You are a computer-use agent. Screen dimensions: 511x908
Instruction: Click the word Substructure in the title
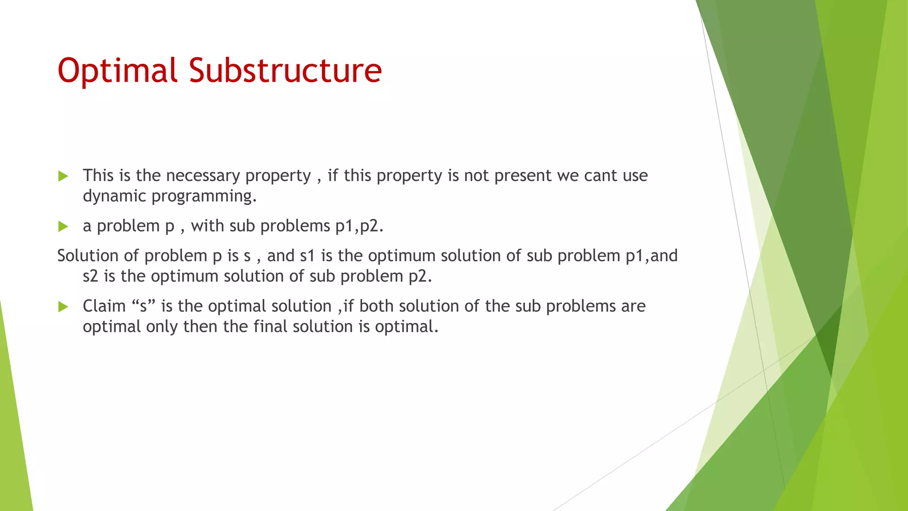285,70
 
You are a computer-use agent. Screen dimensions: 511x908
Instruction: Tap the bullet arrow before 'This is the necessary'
63,176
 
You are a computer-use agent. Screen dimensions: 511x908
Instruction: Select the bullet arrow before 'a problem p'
63,227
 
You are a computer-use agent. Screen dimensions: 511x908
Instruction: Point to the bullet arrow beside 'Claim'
63,307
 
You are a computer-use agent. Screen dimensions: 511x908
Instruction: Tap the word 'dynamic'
114,196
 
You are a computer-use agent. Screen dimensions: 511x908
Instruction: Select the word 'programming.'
204,196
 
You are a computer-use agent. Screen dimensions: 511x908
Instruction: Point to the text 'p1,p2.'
359,226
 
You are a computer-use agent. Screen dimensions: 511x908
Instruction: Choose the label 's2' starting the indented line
90,276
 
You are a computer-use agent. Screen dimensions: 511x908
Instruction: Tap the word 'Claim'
104,306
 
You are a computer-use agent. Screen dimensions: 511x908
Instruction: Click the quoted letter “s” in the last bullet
144,306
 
